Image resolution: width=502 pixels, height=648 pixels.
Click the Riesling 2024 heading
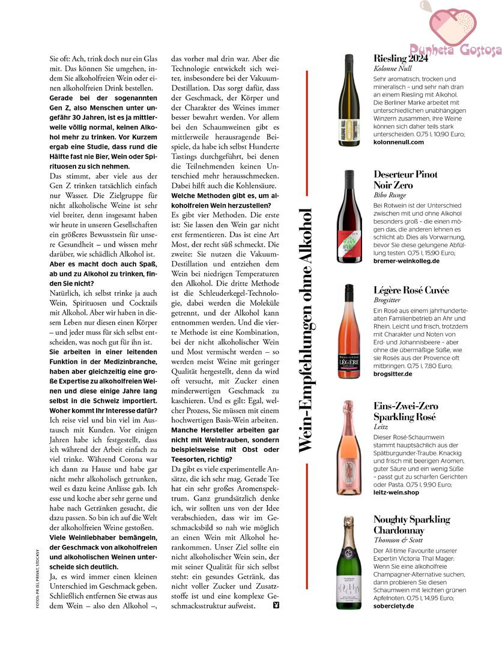(x=401, y=58)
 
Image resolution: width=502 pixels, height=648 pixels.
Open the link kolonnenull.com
(x=398, y=142)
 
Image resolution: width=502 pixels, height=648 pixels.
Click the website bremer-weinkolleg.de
(x=406, y=261)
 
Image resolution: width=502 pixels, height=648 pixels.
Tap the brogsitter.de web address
(x=393, y=373)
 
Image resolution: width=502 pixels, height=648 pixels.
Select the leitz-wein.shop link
(x=396, y=493)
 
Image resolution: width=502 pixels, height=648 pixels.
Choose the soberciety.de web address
(x=393, y=605)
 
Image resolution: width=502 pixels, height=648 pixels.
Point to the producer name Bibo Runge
(x=389, y=195)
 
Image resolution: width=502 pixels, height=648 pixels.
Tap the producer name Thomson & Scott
(x=397, y=540)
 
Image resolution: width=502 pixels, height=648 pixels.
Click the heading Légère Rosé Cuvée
(x=411, y=290)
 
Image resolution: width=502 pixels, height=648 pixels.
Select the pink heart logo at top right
(x=453, y=24)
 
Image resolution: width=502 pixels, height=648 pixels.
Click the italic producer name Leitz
(x=381, y=427)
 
